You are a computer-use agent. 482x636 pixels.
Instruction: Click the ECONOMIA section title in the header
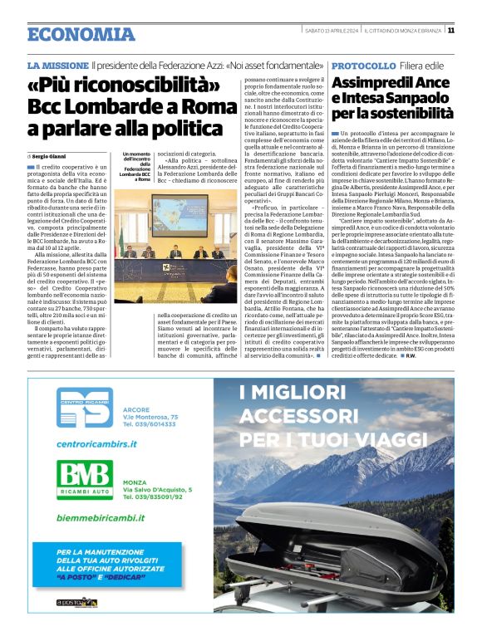click(81, 34)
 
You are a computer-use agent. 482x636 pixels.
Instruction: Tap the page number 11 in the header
click(450, 31)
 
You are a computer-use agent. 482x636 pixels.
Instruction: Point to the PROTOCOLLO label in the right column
click(363, 65)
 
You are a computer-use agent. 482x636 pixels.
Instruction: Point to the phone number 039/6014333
click(150, 423)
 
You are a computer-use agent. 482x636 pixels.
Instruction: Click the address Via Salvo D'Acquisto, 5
click(158, 490)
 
